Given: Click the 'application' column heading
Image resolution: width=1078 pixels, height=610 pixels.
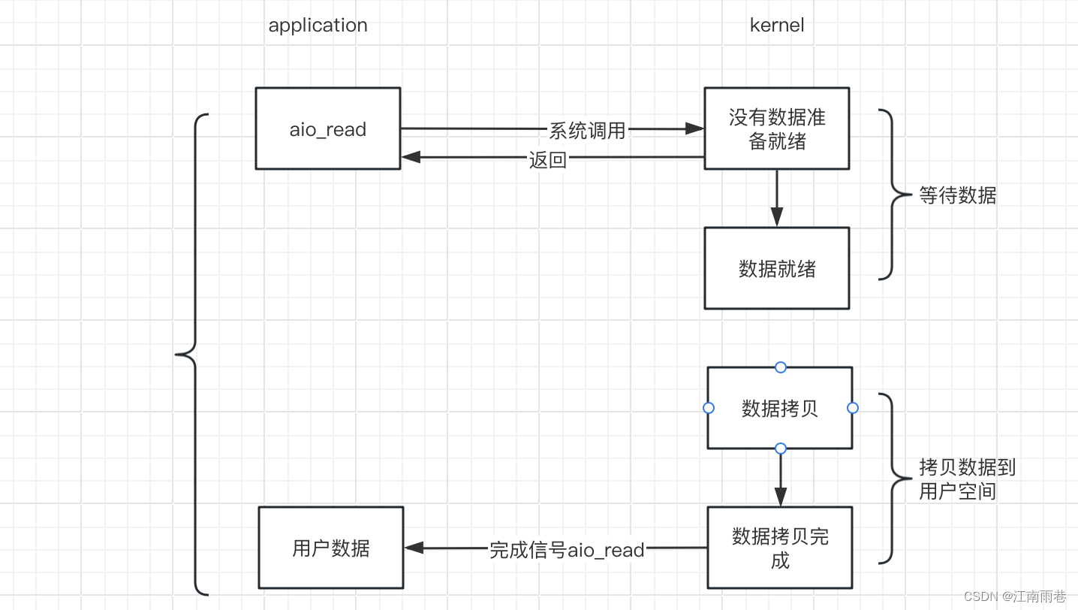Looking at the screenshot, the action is tap(318, 26).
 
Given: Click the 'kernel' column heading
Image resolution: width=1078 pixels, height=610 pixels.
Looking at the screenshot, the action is tap(777, 25).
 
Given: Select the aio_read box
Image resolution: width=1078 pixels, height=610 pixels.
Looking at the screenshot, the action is tap(328, 128).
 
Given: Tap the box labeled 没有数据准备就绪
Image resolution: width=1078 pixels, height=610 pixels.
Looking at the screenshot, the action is tap(777, 128).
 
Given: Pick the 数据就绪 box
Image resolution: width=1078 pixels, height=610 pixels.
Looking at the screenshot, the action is tap(777, 268).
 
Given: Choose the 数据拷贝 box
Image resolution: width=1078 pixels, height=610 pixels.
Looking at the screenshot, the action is tap(780, 408).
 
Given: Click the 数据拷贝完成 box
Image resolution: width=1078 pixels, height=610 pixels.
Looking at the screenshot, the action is tap(780, 548).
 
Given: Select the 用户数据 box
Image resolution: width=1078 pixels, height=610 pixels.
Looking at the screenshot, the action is tap(331, 548).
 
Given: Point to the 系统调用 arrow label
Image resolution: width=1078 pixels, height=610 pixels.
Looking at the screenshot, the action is tap(587, 131).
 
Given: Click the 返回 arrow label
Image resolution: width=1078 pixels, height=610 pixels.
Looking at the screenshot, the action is tap(548, 159).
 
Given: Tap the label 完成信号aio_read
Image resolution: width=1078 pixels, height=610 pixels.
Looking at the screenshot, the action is tap(567, 550).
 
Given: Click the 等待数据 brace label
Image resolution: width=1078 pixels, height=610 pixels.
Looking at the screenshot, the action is tap(958, 195).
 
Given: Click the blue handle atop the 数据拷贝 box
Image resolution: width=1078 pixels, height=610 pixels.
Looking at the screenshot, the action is tap(781, 367).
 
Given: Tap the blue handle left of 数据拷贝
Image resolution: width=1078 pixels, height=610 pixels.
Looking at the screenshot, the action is tap(709, 408).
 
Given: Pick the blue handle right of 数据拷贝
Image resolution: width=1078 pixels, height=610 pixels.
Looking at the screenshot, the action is tap(852, 408).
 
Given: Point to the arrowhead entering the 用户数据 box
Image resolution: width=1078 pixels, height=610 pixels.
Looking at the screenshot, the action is tap(414, 548).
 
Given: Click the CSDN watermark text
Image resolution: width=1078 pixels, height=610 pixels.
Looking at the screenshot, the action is tap(1015, 596).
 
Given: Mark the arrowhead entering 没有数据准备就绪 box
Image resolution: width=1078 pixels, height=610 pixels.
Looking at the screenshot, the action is tap(694, 128).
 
